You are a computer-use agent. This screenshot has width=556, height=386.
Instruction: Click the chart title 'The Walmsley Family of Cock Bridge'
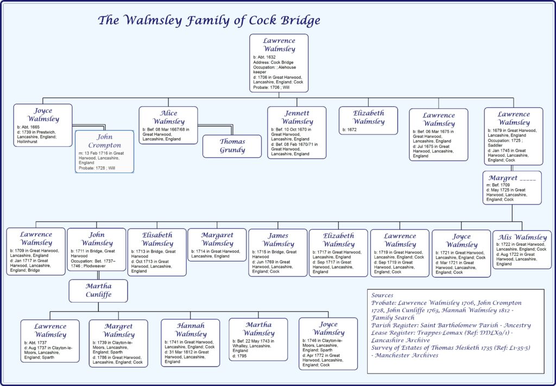coord(208,21)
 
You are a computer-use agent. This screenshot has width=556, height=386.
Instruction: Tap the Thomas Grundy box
coord(232,146)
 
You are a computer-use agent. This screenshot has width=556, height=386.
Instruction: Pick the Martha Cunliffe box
coord(98,291)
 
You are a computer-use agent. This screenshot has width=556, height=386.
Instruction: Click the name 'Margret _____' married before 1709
coord(511,178)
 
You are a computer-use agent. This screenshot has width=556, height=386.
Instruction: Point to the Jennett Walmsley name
coord(297,117)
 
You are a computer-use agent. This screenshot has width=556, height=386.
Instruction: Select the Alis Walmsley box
coord(522,249)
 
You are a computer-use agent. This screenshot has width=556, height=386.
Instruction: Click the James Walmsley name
coord(278,240)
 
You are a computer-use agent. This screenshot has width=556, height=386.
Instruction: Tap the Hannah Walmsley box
coord(190,343)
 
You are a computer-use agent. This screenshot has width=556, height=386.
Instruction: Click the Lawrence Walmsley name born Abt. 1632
coord(279,44)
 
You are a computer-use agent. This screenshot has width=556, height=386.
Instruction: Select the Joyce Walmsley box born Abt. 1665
coord(43,125)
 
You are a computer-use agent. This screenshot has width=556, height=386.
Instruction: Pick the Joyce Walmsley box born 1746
coord(328,343)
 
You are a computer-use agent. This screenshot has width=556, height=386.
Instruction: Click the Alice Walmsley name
coord(168,117)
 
